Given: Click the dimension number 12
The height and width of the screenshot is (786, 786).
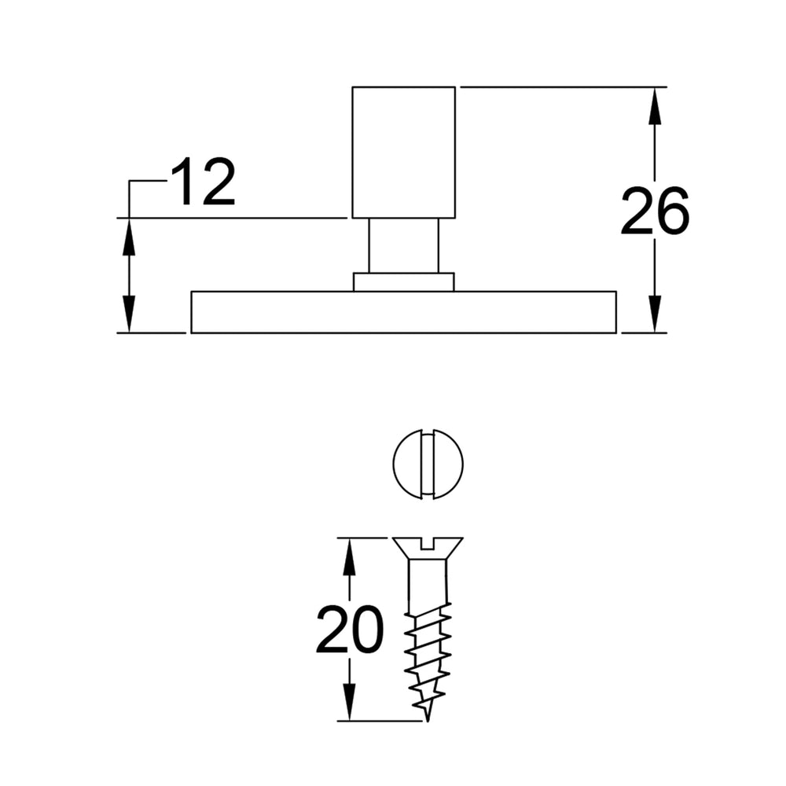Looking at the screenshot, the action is pyautogui.click(x=203, y=182).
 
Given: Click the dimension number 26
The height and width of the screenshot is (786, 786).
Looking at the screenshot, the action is pyautogui.click(x=655, y=211).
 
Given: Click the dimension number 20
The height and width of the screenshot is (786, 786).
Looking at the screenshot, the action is pyautogui.click(x=350, y=630).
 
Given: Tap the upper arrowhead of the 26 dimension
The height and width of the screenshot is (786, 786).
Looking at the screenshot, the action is pyautogui.click(x=655, y=106).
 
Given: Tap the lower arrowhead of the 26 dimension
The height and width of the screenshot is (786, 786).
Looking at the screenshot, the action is pyautogui.click(x=655, y=314).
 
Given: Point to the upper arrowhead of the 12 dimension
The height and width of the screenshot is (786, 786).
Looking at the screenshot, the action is pyautogui.click(x=130, y=237).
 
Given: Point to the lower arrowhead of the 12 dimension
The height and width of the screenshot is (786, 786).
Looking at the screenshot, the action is pyautogui.click(x=130, y=314).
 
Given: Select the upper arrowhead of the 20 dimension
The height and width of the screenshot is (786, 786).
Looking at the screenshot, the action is pyautogui.click(x=350, y=556).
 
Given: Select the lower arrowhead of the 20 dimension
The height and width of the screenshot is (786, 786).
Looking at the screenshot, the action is pyautogui.click(x=350, y=702).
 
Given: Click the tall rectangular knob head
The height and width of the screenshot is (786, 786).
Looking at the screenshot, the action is pyautogui.click(x=403, y=152).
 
